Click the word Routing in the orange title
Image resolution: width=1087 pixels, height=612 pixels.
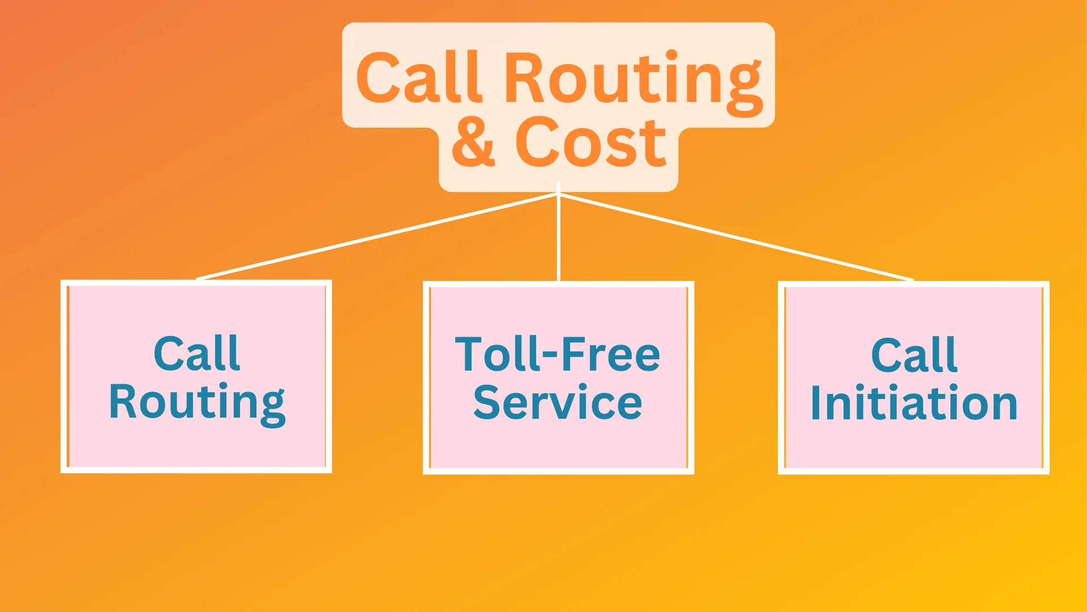pyautogui.click(x=633, y=79)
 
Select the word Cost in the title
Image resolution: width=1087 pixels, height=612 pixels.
pyautogui.click(x=590, y=143)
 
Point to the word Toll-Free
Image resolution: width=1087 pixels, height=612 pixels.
pyautogui.click(x=558, y=355)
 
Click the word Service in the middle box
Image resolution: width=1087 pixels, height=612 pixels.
pyautogui.click(x=558, y=402)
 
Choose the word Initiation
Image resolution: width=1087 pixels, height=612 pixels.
pyautogui.click(x=914, y=403)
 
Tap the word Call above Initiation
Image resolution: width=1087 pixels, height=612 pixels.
pyautogui.click(x=914, y=356)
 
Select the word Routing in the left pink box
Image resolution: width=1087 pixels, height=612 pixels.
pyautogui.click(x=196, y=402)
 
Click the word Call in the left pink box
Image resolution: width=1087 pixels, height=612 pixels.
pyautogui.click(x=196, y=354)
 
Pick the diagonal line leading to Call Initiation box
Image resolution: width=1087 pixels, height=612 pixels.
pyautogui.click(x=736, y=237)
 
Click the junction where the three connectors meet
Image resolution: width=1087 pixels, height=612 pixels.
pyautogui.click(x=558, y=194)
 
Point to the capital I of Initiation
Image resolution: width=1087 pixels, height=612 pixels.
pyautogui.click(x=815, y=403)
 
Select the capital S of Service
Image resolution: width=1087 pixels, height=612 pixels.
pyautogui.click(x=486, y=402)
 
